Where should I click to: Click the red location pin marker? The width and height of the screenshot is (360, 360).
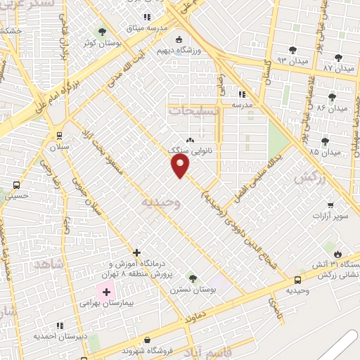click(181, 166)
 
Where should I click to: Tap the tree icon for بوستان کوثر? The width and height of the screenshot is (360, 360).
click(102, 32)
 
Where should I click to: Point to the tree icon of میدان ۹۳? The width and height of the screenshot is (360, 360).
click(292, 50)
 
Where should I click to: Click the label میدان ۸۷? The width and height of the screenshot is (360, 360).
click(336, 68)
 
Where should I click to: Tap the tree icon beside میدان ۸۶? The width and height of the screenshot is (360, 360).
click(332, 97)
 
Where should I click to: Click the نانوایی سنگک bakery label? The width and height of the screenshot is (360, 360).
click(191, 150)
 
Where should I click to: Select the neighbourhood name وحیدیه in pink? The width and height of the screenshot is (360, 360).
click(161, 202)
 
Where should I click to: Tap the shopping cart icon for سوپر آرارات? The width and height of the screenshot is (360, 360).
click(330, 205)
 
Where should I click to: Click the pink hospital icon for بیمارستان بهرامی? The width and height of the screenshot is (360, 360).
click(106, 292)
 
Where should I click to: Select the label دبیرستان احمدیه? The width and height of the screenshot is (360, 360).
click(61, 336)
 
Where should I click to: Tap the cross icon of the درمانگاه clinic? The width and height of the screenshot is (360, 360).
click(136, 252)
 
